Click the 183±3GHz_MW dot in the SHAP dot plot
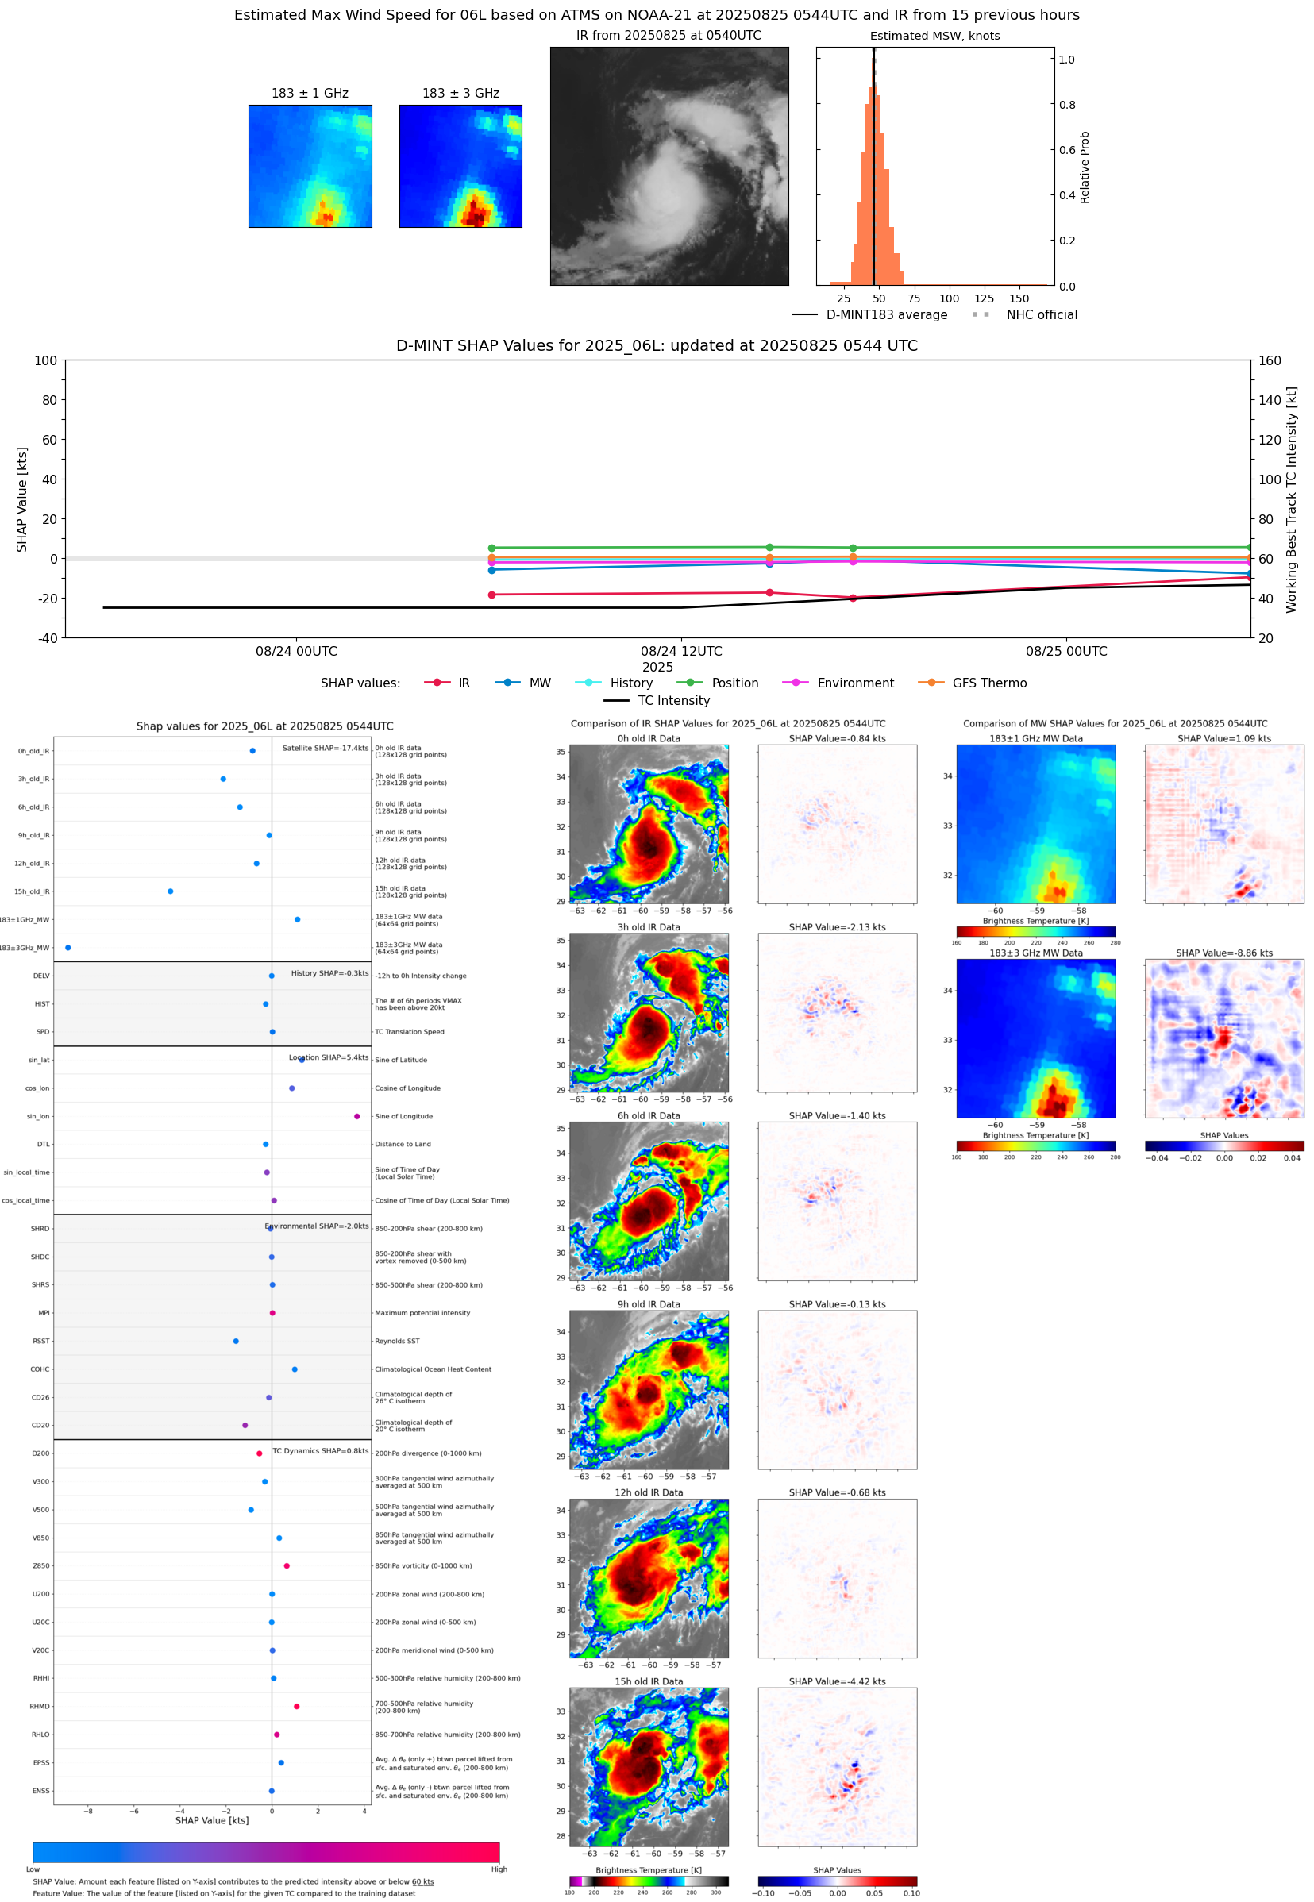(x=67, y=947)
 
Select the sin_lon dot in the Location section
(x=356, y=1116)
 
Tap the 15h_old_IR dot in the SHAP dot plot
(x=171, y=891)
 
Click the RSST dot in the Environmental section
(x=236, y=1341)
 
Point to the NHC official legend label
(x=1041, y=314)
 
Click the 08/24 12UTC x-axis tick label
(x=681, y=651)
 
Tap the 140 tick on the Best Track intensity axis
(x=1270, y=400)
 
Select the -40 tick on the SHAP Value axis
(x=46, y=638)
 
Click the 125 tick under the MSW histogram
(x=984, y=298)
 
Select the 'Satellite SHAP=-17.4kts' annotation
(x=326, y=748)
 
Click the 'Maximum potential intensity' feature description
(x=422, y=1313)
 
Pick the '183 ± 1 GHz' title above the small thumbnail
(x=310, y=94)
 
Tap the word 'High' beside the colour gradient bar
(x=499, y=1869)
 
